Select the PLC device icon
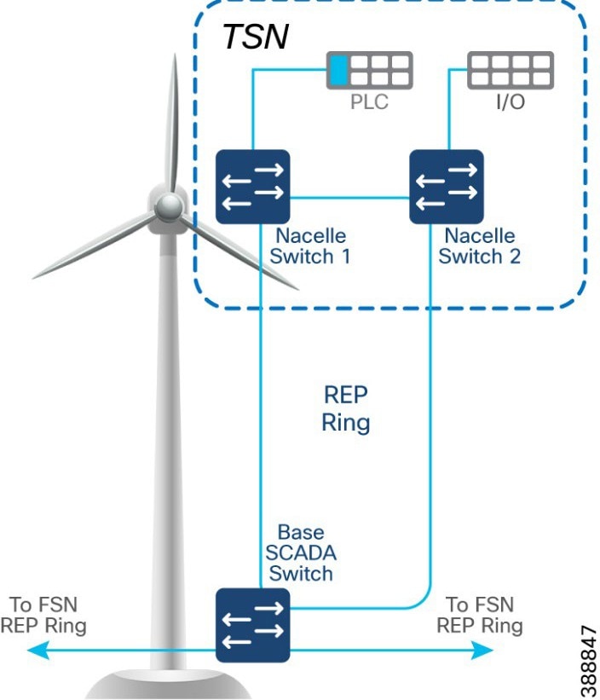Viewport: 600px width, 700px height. [x=370, y=70]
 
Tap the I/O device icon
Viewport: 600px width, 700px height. [x=510, y=70]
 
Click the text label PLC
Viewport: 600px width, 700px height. [x=370, y=103]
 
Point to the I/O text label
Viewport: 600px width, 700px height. [x=510, y=103]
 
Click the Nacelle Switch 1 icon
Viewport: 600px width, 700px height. [x=252, y=187]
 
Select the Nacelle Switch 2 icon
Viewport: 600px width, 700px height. [x=446, y=187]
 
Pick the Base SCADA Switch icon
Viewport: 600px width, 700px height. [x=252, y=625]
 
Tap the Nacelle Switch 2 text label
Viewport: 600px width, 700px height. [x=481, y=246]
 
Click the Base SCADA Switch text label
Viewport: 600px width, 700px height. [x=300, y=553]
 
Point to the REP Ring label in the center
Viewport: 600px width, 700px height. [x=345, y=408]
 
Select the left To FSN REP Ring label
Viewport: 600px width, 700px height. [x=43, y=615]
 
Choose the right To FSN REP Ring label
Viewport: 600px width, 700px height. [x=480, y=615]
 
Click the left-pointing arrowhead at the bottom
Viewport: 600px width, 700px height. [x=34, y=651]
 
